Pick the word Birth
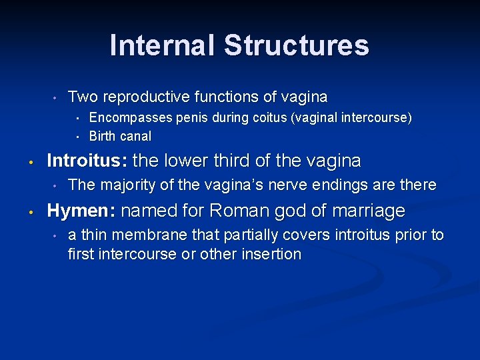coord(102,137)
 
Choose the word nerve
coord(284,185)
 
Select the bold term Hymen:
coord(81,211)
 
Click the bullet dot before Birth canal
coord(77,137)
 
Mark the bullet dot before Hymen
coord(31,212)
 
